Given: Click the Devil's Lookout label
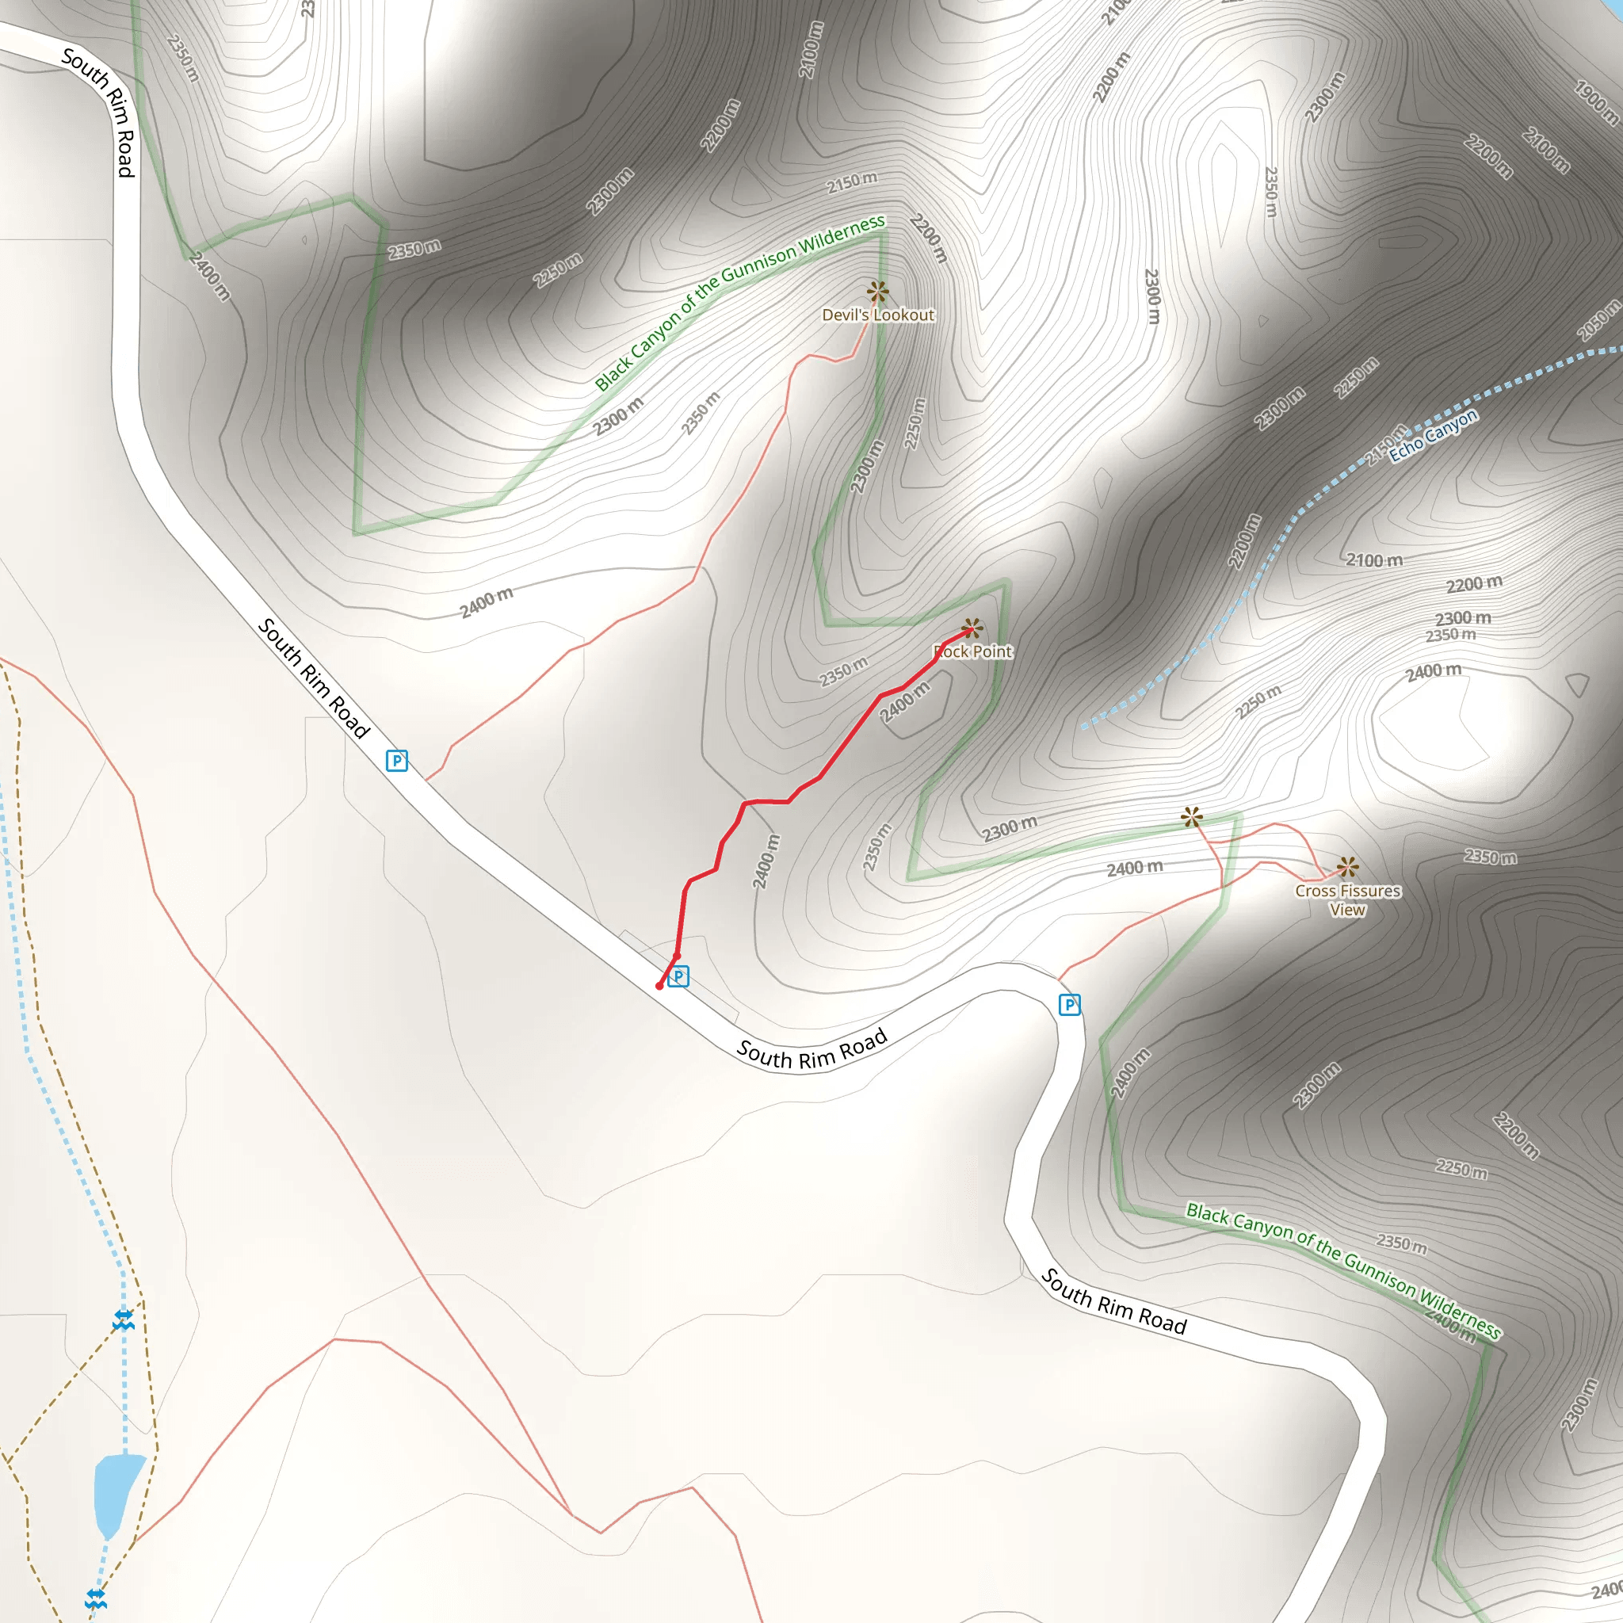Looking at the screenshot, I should (878, 315).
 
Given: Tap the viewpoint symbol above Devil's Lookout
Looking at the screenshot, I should (877, 292).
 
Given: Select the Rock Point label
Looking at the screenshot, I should (973, 651).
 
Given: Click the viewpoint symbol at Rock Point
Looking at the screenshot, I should (972, 628).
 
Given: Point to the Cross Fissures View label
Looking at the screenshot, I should (1347, 899).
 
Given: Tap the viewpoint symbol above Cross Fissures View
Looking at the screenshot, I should (1347, 866).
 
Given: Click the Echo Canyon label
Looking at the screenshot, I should (1432, 435).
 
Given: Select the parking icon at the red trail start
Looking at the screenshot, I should (679, 976).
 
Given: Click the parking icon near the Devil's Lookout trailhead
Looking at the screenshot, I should (396, 761).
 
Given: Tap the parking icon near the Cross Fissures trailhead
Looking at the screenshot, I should (1069, 1005).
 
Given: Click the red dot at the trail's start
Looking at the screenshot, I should (659, 986).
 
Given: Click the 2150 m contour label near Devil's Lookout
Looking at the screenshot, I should (852, 182).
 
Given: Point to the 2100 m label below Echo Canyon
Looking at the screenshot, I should (1374, 559).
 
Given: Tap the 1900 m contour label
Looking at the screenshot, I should (1595, 101).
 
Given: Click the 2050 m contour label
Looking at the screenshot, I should (1598, 320).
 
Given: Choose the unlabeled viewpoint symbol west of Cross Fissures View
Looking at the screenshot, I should (1191, 816).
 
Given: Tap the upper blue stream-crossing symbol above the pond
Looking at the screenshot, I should (124, 1319).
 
